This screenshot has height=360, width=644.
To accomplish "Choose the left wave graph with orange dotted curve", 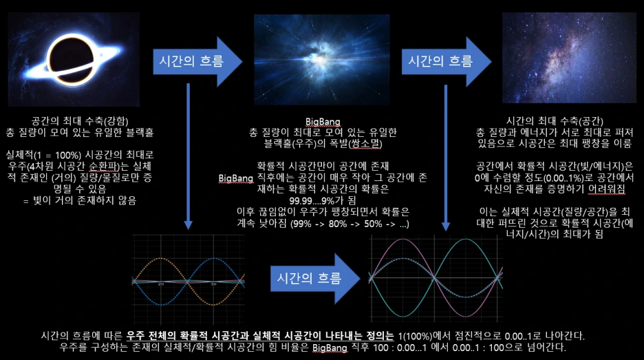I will click(x=187, y=282).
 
